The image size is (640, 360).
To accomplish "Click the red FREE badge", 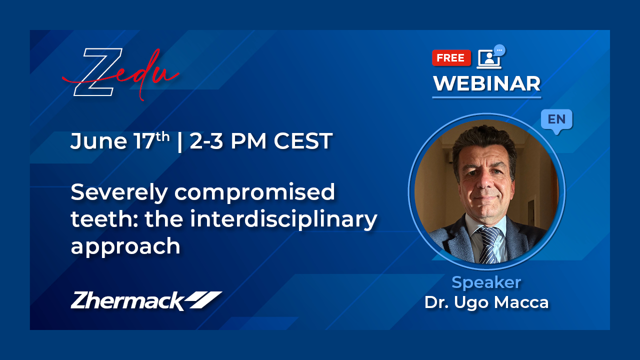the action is (x=451, y=57).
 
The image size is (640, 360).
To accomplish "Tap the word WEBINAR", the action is (x=487, y=83).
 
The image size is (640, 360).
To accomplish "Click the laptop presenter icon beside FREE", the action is (x=490, y=57).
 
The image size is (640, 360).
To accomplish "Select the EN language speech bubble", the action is (x=556, y=121).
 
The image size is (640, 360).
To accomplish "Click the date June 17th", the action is (x=120, y=141).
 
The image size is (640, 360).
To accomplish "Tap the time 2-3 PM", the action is (x=228, y=141).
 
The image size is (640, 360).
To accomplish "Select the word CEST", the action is (x=303, y=141).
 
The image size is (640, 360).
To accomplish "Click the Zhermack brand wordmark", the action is (x=127, y=301).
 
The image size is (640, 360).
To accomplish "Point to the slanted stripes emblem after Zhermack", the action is (x=203, y=300).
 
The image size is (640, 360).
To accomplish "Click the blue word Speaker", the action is (x=486, y=282).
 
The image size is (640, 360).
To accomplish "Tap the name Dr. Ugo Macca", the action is (x=486, y=302).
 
